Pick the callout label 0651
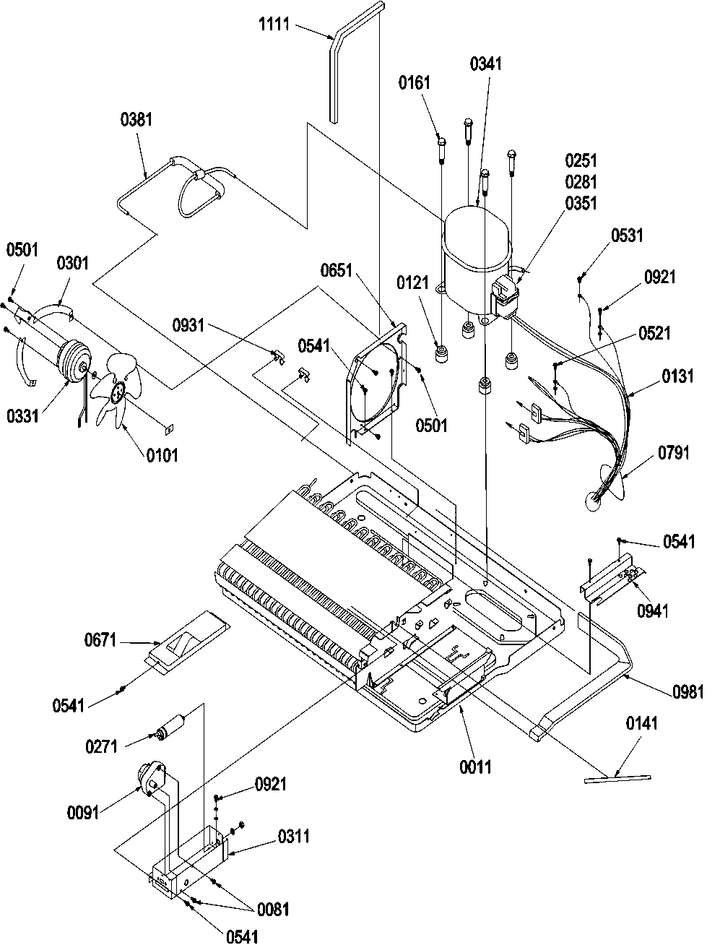coord(337,271)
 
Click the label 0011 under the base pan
coord(474,767)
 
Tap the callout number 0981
coord(686,691)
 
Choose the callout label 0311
coord(293,837)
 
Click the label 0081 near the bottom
coord(272,910)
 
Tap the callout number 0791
coord(675,454)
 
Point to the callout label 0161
coord(414,83)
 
